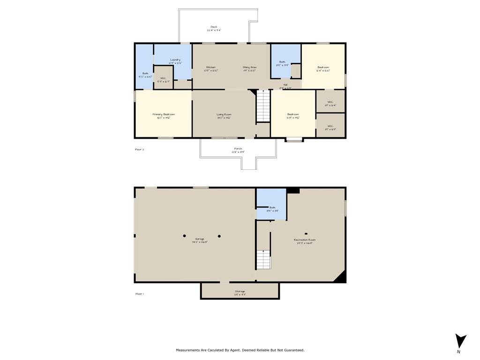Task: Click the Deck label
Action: coord(214,28)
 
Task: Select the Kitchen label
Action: coord(210,68)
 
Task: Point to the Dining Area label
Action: coord(249,68)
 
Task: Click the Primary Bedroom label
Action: coord(163,115)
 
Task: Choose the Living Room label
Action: coord(224,115)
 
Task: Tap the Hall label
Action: coord(285,86)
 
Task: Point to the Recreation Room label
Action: coord(304,241)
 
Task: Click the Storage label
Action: coord(240,292)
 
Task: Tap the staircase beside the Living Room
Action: coord(263,106)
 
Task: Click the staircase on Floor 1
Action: coord(263,260)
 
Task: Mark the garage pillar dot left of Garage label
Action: coord(185,235)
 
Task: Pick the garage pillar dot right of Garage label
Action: coord(219,236)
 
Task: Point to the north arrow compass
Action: coord(460,341)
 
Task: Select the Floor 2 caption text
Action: coord(140,150)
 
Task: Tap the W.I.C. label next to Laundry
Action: coord(163,80)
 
